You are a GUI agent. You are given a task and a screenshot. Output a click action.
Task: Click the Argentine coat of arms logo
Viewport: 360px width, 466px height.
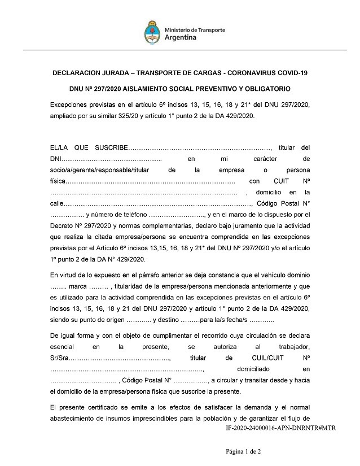(x=152, y=32)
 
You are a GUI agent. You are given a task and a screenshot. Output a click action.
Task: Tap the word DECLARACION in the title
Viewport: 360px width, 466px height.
(x=81, y=73)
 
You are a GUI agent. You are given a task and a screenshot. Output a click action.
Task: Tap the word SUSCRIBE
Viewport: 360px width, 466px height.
(x=111, y=147)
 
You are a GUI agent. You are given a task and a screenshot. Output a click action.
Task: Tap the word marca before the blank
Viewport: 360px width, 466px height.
(x=77, y=285)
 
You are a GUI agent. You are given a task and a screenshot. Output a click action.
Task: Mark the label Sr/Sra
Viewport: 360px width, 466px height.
(x=59, y=358)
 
